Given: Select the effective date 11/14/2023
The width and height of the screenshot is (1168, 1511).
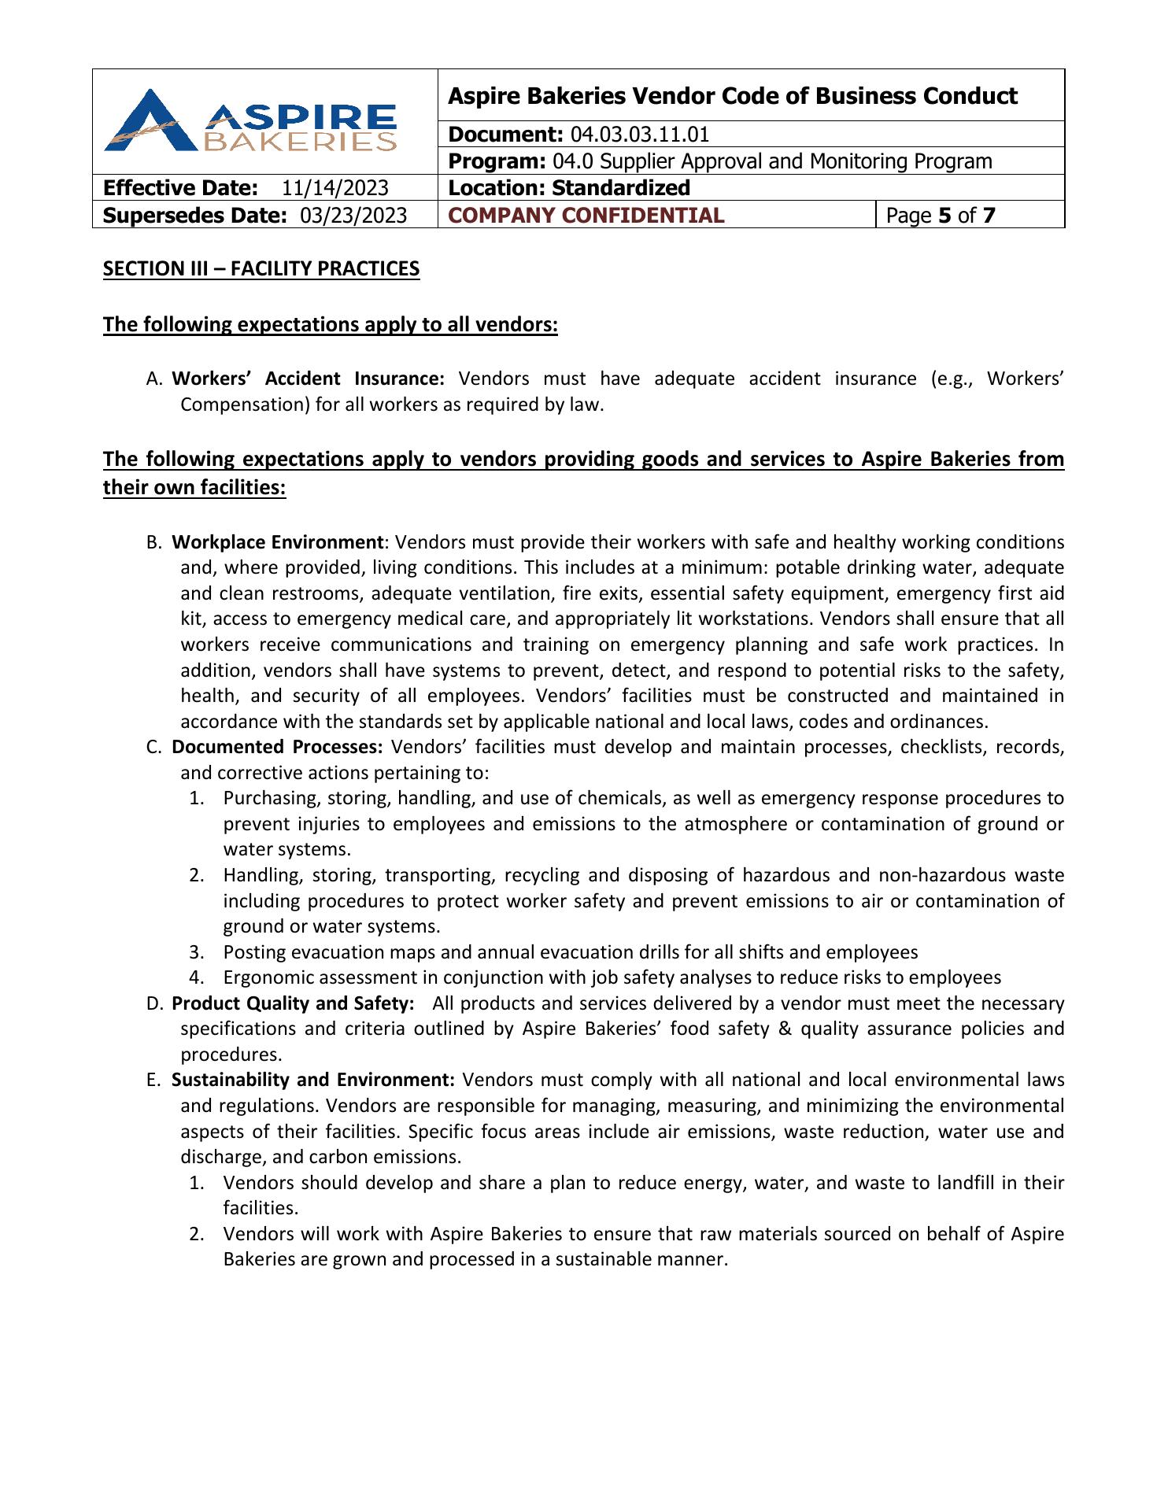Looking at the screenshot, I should [335, 188].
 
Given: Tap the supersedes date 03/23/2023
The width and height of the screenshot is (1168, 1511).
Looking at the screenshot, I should [354, 216].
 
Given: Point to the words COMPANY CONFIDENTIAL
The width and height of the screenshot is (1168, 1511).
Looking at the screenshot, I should [586, 216].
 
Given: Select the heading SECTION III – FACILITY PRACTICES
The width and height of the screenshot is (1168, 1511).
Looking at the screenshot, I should [261, 269].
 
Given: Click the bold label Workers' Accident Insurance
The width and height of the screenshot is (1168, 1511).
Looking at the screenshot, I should [309, 379].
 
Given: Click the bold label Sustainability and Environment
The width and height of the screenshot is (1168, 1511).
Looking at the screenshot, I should [313, 1080].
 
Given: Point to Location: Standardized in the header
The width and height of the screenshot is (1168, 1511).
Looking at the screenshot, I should [568, 188].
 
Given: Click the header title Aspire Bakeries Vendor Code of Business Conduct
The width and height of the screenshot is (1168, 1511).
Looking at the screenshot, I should [732, 96].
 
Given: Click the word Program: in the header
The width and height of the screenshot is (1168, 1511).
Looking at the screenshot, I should [497, 161].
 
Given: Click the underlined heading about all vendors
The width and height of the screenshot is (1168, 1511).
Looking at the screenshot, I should [331, 325].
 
